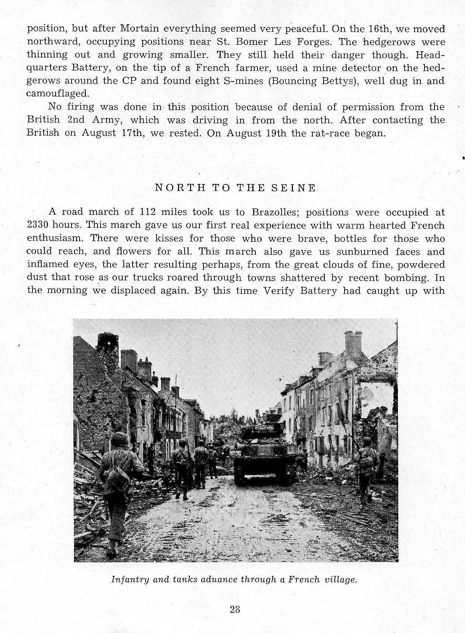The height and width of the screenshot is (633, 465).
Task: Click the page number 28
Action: click(235, 609)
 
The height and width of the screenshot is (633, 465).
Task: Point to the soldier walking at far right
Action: click(367, 468)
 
